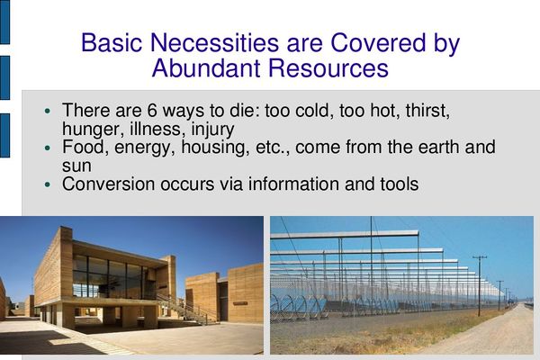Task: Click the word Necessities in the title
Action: (214, 42)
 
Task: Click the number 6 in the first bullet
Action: (152, 111)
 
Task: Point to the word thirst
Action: (427, 111)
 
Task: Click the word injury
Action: (212, 130)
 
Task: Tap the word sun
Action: (76, 166)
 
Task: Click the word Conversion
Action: (109, 184)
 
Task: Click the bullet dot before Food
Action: (48, 148)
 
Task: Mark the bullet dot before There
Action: (48, 111)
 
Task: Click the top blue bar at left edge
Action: (4, 22)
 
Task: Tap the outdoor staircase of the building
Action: (188, 308)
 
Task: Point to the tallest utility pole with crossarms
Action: (480, 285)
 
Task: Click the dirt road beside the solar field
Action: (496, 330)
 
